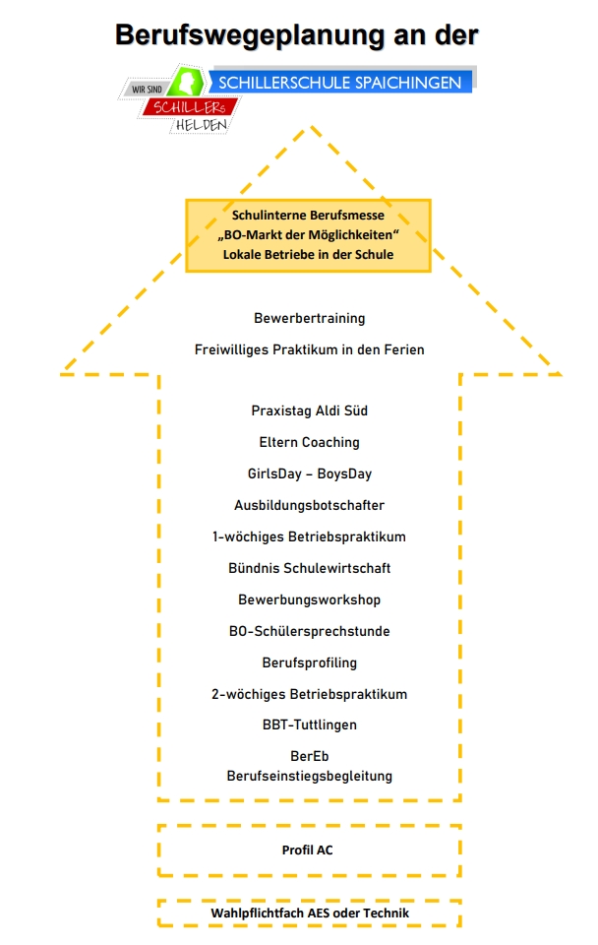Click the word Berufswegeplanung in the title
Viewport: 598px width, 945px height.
coord(250,35)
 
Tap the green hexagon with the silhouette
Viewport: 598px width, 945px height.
coord(187,82)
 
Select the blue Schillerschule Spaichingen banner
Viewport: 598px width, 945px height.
coord(340,82)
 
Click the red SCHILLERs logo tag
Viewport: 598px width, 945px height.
coord(190,107)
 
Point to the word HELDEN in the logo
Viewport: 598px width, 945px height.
coord(202,125)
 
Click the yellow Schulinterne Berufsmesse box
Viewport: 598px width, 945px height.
coord(308,235)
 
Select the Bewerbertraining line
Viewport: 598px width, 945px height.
coord(310,318)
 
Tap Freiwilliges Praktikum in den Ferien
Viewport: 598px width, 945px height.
coord(310,349)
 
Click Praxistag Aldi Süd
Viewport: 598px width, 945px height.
coord(310,410)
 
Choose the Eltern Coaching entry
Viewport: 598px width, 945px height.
coord(310,442)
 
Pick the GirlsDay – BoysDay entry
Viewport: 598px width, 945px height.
coord(310,473)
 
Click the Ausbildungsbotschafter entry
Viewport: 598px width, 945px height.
coord(310,505)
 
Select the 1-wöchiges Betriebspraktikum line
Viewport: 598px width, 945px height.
coord(310,536)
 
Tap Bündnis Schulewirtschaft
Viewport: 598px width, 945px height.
coord(310,568)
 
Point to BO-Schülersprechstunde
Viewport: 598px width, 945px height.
coord(310,631)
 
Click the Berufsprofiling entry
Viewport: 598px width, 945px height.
coord(310,662)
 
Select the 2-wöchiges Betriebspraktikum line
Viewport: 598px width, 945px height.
coord(310,694)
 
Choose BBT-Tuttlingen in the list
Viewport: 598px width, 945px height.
coord(310,724)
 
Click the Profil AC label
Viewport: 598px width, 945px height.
coord(307,850)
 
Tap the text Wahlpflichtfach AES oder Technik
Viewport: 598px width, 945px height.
coord(310,913)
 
